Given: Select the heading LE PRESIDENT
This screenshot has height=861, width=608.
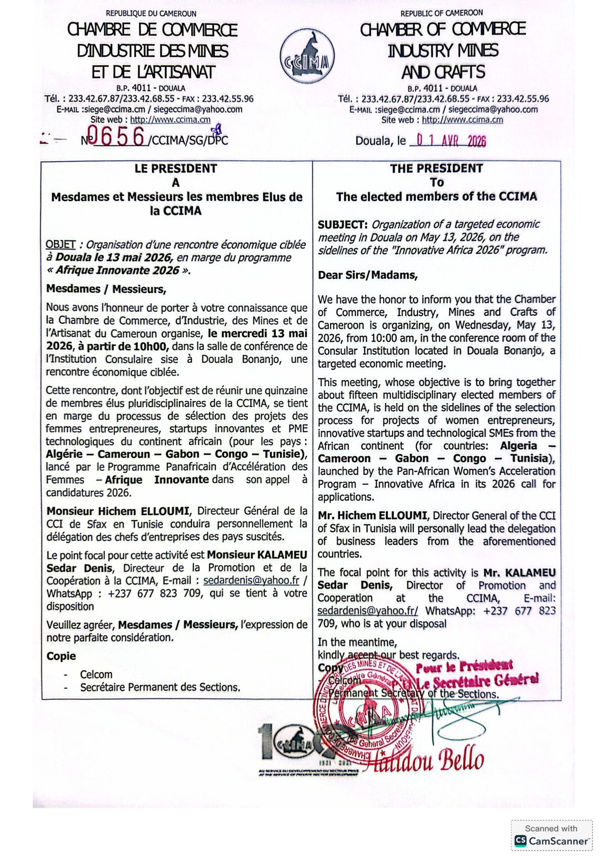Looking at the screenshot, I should point(176,169).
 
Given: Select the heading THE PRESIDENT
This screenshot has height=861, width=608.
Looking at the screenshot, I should point(436,169).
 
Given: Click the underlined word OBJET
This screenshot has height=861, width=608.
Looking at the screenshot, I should point(60,245).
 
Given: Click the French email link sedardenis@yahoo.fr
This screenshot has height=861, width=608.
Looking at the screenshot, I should point(251,581).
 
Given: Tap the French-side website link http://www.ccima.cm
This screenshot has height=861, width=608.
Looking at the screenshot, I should point(170,120).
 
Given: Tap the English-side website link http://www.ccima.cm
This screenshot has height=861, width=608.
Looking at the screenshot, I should point(462,120).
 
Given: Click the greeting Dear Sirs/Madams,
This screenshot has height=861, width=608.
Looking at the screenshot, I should point(367,275).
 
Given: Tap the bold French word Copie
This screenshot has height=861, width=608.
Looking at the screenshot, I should point(61,656).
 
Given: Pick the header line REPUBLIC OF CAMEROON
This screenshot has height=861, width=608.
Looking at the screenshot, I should point(442,13).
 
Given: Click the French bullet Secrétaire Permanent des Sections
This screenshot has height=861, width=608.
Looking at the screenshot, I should point(160,687).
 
